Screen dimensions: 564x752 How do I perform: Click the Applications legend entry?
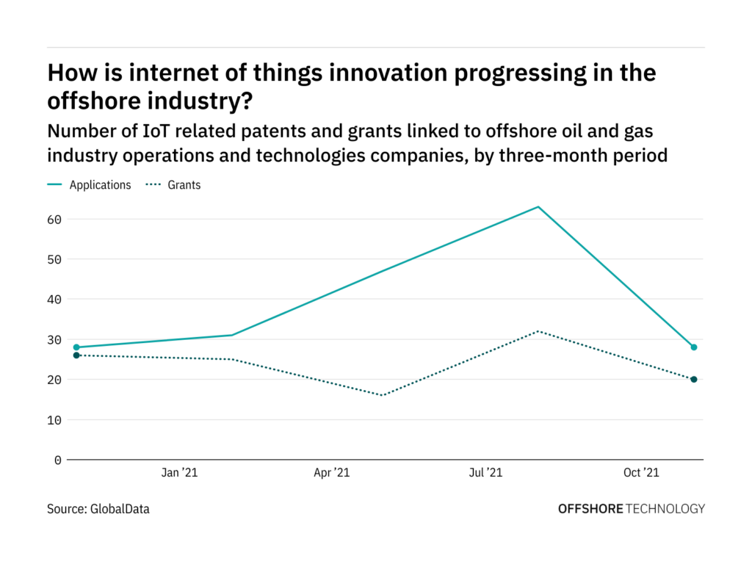[100, 185]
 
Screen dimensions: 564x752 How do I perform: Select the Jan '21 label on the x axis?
[180, 474]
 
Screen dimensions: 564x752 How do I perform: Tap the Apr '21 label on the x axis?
[332, 474]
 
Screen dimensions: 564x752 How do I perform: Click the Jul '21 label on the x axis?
[485, 474]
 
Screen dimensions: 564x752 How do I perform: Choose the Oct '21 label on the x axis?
[641, 474]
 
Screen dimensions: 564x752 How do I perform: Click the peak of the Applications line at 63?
[538, 206]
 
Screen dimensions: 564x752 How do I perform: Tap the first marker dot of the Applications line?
[76, 347]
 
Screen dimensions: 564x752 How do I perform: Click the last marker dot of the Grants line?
[693, 379]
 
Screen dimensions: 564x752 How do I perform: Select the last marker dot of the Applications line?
[693, 347]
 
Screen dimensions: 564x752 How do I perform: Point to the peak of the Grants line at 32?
[538, 331]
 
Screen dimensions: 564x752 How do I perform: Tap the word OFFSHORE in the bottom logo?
[590, 508]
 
